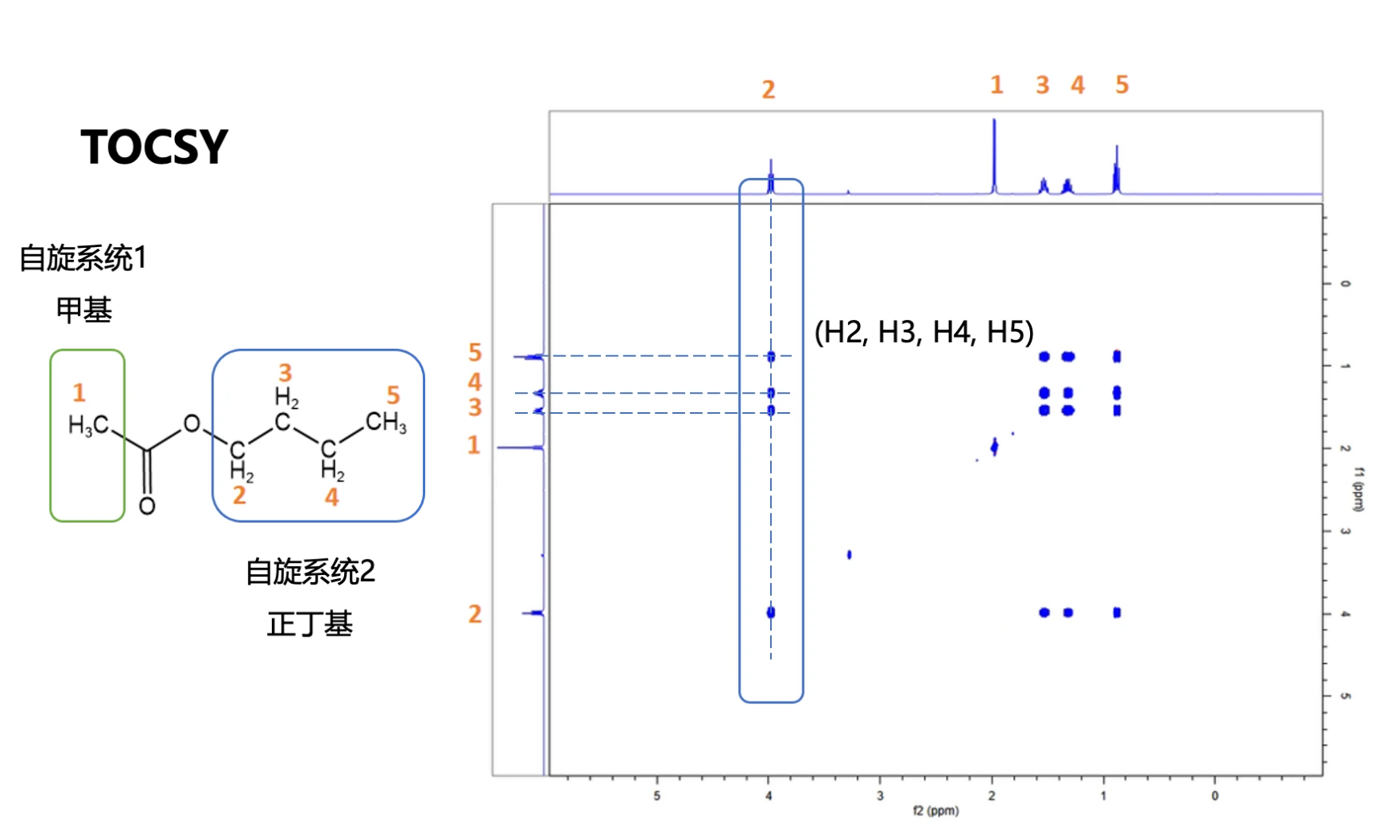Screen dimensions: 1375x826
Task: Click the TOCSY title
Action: click(x=154, y=148)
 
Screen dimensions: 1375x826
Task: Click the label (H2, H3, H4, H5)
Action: click(x=924, y=332)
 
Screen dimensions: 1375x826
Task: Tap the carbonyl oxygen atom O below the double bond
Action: click(x=147, y=506)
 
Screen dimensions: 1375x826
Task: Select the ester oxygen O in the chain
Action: click(x=192, y=423)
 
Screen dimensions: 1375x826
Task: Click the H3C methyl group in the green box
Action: click(x=88, y=425)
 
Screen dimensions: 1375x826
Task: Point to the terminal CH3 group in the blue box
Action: click(x=386, y=422)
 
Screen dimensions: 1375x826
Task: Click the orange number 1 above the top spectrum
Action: click(x=996, y=85)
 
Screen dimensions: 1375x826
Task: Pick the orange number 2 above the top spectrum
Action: click(x=769, y=90)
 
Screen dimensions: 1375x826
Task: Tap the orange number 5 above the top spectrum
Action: click(x=1122, y=85)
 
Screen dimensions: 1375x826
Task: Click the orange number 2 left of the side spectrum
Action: click(x=474, y=614)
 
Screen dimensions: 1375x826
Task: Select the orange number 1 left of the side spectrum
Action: click(x=473, y=446)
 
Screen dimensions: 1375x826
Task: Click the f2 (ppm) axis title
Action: click(x=935, y=811)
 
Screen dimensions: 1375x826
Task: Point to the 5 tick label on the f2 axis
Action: click(x=657, y=796)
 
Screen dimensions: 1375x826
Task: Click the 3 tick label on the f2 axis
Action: click(x=880, y=796)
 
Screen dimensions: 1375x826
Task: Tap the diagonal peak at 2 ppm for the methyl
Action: click(x=995, y=447)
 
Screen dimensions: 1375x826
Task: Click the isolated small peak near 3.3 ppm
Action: click(x=849, y=555)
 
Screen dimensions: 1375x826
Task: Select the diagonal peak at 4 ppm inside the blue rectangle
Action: click(x=771, y=613)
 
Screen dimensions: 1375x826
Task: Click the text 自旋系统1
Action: click(x=83, y=257)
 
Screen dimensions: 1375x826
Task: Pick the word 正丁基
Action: click(x=310, y=625)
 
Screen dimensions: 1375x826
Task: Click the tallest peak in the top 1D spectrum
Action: click(x=995, y=156)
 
